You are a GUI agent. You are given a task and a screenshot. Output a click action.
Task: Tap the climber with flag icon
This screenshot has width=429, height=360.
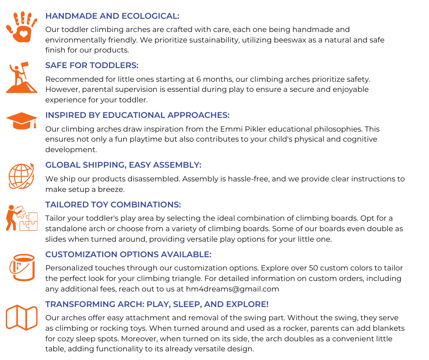coord(21,78)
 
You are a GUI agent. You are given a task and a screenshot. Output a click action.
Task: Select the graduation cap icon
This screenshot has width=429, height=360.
coord(21,121)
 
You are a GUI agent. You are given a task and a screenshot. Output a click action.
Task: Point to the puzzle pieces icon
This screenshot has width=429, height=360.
coord(21,218)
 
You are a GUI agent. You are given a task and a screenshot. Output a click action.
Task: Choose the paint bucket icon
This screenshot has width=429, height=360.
coord(21,267)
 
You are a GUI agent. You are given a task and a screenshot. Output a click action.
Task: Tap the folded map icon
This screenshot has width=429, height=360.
coord(21,317)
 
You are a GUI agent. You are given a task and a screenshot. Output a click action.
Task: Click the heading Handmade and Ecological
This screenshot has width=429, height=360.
coord(112,16)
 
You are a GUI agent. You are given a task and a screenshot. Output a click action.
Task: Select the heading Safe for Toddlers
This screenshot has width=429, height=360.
coord(92,65)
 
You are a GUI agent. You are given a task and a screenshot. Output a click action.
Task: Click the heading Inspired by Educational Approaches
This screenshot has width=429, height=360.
coord(137,115)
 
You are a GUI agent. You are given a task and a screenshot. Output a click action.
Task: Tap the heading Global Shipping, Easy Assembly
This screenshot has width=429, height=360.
coord(123,165)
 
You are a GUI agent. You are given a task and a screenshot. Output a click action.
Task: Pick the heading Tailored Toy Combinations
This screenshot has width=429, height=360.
coord(113,205)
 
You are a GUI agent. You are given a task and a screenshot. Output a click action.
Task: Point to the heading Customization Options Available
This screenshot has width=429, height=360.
coord(128,254)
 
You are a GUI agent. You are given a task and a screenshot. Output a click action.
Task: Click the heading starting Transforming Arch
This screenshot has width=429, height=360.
coord(157,304)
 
